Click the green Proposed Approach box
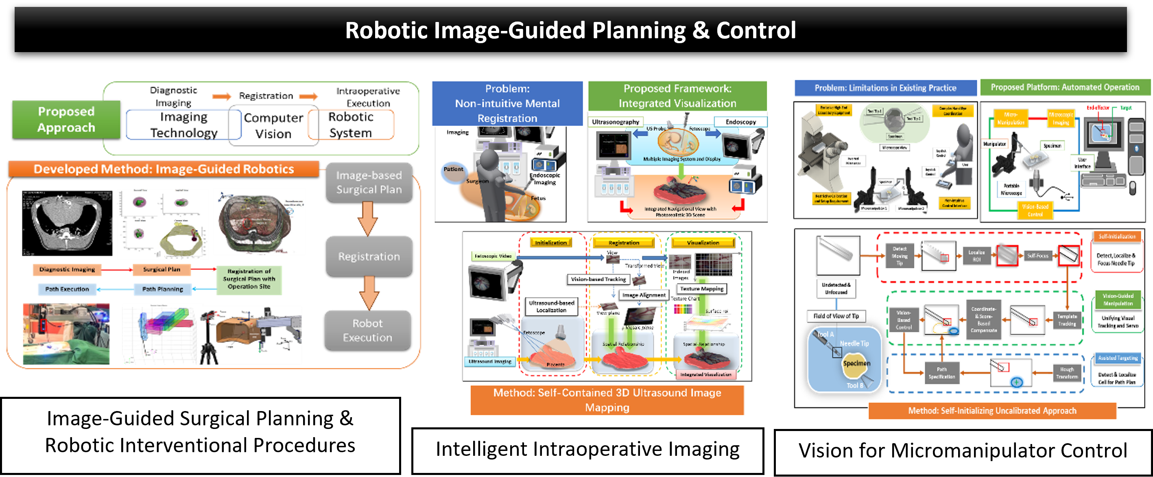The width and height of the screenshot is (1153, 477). (x=66, y=120)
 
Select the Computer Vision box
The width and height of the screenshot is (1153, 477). (x=273, y=125)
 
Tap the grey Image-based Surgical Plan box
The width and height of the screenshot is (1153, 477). (x=369, y=182)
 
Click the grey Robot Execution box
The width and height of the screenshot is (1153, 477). (x=367, y=330)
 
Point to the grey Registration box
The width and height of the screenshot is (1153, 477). (x=369, y=256)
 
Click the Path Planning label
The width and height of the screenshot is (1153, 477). (x=162, y=289)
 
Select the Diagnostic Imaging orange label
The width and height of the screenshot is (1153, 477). (x=67, y=269)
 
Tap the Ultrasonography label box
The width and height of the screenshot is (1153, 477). (x=616, y=122)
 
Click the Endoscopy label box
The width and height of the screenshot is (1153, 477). (x=741, y=122)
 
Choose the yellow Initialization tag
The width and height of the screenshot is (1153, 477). (x=551, y=243)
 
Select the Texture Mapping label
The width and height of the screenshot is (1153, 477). (x=702, y=289)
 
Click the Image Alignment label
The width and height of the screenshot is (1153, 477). (x=644, y=295)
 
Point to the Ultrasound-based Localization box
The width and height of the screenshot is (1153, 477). (x=551, y=306)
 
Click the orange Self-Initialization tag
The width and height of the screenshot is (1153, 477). (x=1117, y=236)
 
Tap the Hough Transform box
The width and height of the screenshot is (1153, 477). (x=1067, y=373)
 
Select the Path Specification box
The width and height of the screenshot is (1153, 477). (x=942, y=373)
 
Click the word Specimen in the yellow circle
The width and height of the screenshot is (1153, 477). (x=857, y=363)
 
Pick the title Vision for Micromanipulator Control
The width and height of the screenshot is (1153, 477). (x=963, y=451)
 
